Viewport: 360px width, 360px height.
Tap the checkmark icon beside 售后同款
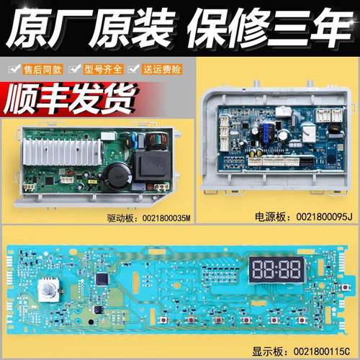(11, 70)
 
